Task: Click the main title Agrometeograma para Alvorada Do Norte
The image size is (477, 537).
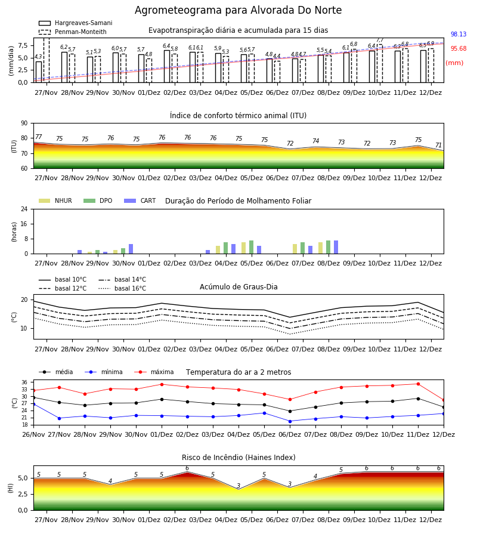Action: coord(238,10)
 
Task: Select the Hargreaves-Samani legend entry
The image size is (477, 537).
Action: coord(76,23)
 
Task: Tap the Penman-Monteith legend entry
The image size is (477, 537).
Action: coord(73,32)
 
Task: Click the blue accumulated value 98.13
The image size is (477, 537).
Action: coord(459,34)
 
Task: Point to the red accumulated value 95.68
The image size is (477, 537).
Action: coord(459,49)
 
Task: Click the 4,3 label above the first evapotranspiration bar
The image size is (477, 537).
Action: coord(38,57)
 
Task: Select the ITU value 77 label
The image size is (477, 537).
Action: coord(38,137)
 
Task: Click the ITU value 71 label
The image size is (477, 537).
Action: coord(438,145)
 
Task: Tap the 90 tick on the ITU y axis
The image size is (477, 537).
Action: coord(24,124)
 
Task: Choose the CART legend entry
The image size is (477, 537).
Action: coord(140,200)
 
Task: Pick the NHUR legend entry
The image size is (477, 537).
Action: coord(55,200)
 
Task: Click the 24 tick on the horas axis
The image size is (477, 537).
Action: coord(24,209)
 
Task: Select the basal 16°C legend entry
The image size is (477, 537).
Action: coord(122,288)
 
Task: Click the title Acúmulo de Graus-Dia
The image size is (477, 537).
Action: coord(238,287)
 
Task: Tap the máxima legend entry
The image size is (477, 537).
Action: coord(154,372)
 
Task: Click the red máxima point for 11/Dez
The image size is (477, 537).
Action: coord(418,384)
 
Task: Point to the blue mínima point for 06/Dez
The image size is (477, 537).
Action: coord(290,421)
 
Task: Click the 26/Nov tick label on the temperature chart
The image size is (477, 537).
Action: coord(33,434)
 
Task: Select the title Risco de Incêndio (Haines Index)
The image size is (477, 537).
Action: coord(238,458)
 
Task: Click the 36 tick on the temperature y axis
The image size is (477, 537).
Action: coord(24,382)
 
